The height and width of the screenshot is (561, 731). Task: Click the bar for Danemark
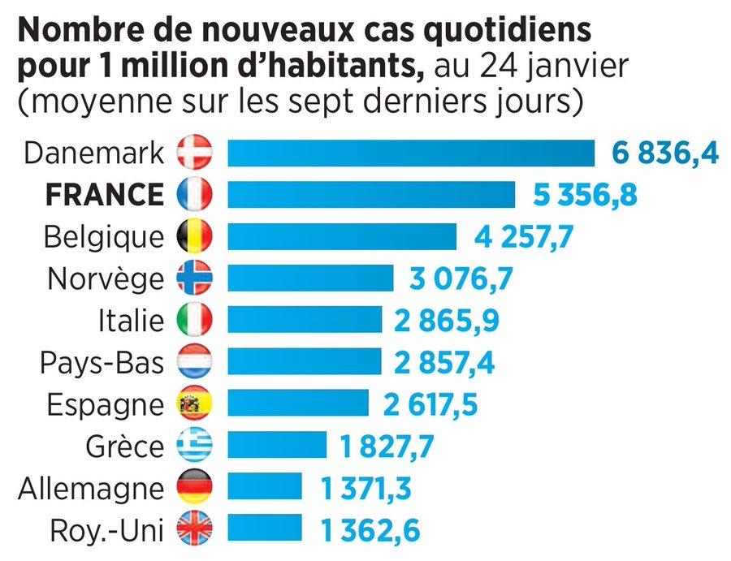[x=411, y=153]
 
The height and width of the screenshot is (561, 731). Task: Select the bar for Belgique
[x=342, y=236]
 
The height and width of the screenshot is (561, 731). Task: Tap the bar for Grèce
[x=278, y=445]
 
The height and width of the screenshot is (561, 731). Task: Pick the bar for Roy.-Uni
[x=265, y=528]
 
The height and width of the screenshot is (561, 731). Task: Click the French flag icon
[x=194, y=194]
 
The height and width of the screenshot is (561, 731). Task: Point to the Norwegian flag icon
[x=194, y=278]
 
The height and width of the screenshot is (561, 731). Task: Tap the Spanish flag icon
[x=194, y=403]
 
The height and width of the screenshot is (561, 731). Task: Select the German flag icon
[x=194, y=486]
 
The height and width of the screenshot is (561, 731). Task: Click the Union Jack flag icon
[x=194, y=529]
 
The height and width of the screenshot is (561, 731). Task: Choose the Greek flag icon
[x=194, y=445]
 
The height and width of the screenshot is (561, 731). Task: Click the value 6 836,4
[x=665, y=153]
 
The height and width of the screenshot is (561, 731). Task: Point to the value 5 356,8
[x=585, y=195]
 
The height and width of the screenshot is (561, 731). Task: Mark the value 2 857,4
[x=444, y=363]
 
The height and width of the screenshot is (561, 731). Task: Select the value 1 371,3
[x=366, y=488]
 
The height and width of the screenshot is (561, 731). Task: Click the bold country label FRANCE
[x=105, y=195]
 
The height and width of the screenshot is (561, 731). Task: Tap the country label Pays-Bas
[x=102, y=364]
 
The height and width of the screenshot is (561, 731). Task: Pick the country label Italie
[x=132, y=320]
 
